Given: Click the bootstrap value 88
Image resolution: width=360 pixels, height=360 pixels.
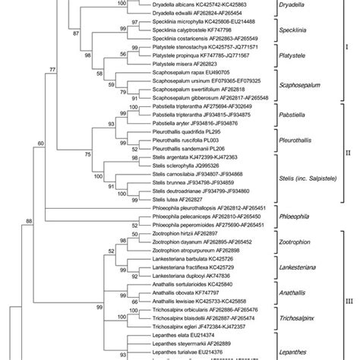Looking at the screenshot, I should click(29, 221).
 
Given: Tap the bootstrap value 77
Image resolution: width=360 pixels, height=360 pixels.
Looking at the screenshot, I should click(52, 69).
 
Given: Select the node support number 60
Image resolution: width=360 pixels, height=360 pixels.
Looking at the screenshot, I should click(40, 142).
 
